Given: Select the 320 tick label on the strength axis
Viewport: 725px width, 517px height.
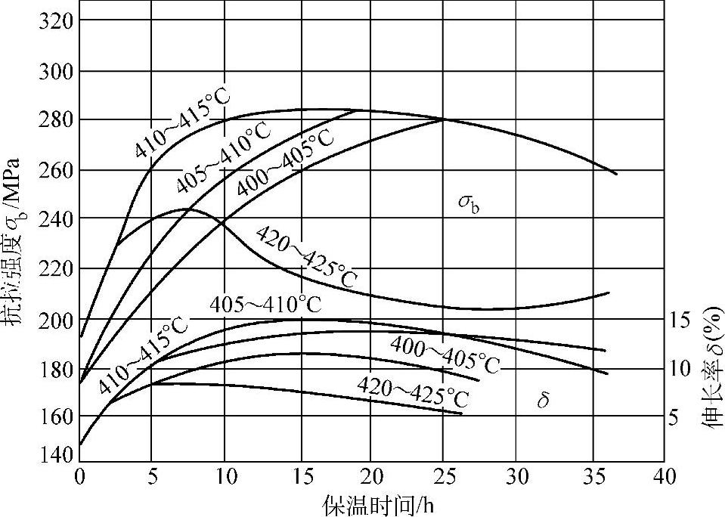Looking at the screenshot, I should pos(54,20).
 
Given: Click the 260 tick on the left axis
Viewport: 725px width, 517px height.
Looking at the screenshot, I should pos(54,169).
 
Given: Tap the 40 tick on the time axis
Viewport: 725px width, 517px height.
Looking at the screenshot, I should pos(663,477).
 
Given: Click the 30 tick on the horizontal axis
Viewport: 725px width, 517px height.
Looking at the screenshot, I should pos(516,477).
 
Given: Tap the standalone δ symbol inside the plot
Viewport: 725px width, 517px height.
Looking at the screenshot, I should pos(542,401).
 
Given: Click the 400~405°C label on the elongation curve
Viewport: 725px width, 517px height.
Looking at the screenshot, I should pos(446,354).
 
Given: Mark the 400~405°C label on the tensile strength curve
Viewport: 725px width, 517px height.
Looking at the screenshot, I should pos(283,163).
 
